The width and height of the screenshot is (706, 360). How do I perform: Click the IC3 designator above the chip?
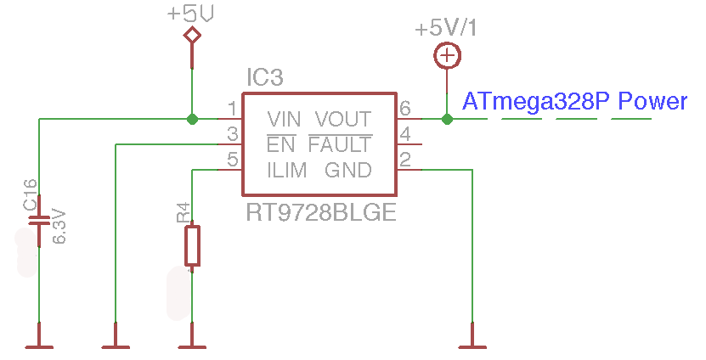click(265, 77)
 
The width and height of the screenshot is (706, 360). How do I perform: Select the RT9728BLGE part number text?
click(321, 212)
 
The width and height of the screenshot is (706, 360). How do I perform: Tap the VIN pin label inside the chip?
click(284, 119)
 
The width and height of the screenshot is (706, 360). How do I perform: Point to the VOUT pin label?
click(343, 119)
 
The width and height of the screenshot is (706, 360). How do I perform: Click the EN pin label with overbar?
click(281, 143)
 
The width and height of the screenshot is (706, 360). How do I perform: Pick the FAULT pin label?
click(341, 143)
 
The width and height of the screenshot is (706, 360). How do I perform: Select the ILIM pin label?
click(287, 171)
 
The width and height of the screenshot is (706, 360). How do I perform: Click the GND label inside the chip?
click(348, 171)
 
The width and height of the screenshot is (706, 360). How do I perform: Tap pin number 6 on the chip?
click(405, 109)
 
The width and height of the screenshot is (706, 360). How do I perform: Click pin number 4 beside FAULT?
click(405, 134)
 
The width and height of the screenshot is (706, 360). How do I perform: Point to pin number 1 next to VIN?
click(232, 109)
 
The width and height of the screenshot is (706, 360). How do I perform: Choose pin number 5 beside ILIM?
click(232, 160)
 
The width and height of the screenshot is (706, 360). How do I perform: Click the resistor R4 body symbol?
click(192, 245)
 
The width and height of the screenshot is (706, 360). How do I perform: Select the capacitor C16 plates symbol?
click(39, 221)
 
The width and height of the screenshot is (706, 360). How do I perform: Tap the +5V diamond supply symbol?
click(192, 35)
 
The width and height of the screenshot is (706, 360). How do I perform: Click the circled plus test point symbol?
click(447, 56)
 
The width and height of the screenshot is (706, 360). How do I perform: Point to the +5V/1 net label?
click(446, 28)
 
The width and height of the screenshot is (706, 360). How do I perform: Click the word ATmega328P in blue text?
click(536, 102)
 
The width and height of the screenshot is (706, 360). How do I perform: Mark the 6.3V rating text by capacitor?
click(59, 226)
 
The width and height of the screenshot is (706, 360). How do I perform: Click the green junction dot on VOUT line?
click(447, 119)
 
